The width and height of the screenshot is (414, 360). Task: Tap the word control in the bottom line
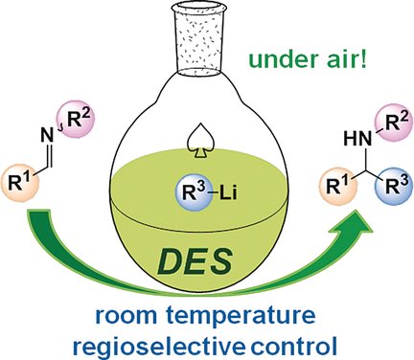[x=292, y=339]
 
